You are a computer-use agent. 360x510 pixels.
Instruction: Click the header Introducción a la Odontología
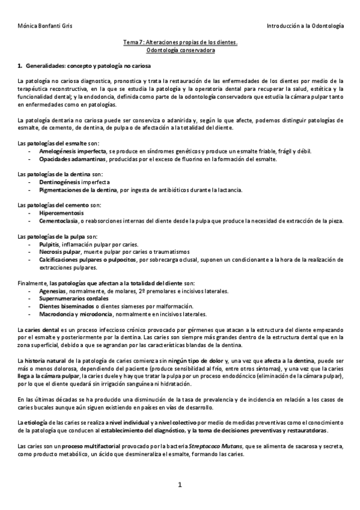tap(305, 26)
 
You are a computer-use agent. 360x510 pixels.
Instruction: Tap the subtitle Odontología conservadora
tap(180, 51)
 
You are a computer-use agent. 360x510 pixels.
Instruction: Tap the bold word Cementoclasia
tap(59, 221)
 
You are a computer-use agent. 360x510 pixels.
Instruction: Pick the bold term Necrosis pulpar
tap(59, 251)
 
